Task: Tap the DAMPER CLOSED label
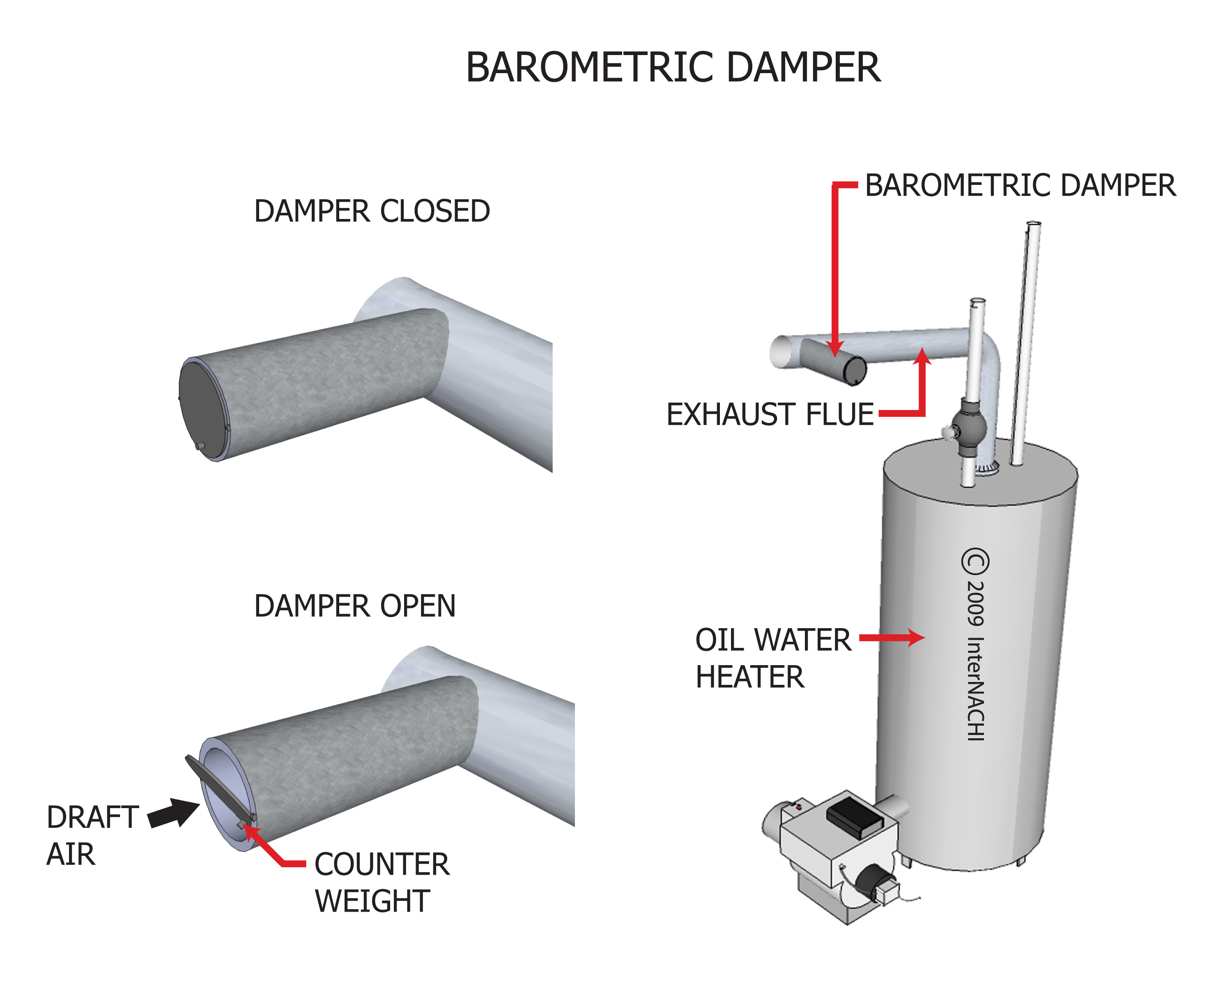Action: [x=372, y=212]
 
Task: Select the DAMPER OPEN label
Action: [x=355, y=606]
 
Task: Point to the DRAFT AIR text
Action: [x=92, y=835]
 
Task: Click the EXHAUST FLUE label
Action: [x=770, y=415]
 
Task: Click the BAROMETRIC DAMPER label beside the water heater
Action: [x=1020, y=186]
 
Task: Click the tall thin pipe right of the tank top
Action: [x=1026, y=343]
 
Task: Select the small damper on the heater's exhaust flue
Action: [x=833, y=361]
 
